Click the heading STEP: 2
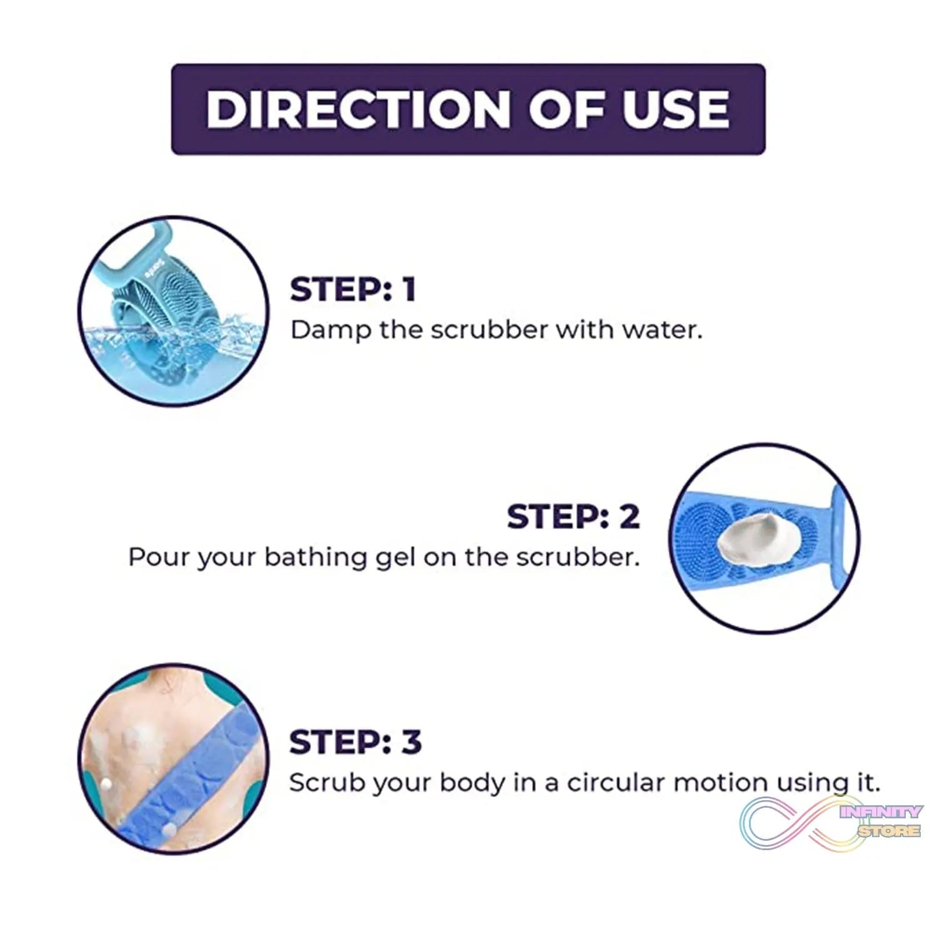(x=573, y=516)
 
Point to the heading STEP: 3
(x=355, y=742)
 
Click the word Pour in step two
(x=159, y=557)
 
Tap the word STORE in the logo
(x=888, y=830)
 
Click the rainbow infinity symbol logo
(x=793, y=821)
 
